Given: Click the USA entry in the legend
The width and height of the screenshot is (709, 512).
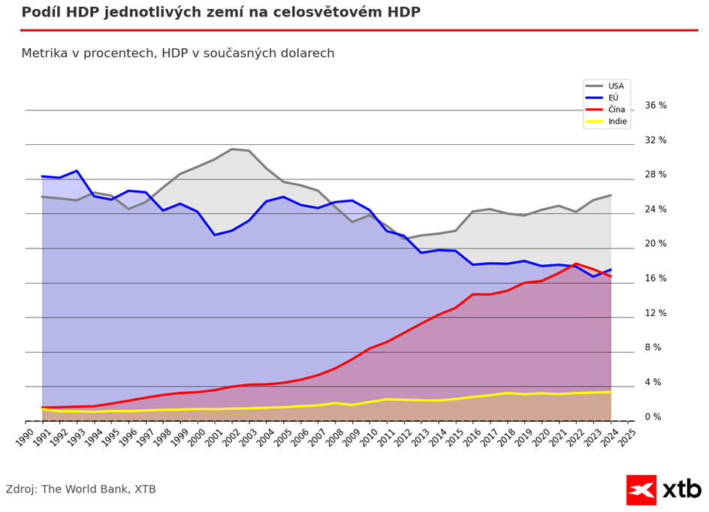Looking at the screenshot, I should (615, 86).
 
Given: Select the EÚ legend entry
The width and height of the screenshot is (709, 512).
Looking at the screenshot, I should (613, 98).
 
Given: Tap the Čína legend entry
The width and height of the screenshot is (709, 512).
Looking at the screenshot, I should (616, 110).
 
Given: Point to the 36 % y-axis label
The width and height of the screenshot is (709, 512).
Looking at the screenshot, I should (655, 106).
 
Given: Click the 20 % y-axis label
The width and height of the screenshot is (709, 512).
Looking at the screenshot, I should (655, 244).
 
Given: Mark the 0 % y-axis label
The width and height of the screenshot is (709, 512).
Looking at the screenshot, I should (653, 417).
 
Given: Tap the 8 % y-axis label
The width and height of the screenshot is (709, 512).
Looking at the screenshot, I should (653, 348).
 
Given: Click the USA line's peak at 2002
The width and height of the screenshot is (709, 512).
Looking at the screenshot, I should (232, 149).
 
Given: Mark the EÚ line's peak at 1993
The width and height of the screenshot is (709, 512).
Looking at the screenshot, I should (77, 171).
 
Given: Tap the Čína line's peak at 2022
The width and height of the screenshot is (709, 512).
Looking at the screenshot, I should (576, 264).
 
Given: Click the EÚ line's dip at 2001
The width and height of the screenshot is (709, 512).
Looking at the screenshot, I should (215, 235).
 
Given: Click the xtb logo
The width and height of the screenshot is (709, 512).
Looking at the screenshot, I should (663, 489).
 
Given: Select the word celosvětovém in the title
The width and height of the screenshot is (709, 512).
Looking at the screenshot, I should (353, 13).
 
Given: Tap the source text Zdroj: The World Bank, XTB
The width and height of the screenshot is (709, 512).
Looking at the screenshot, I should (81, 489).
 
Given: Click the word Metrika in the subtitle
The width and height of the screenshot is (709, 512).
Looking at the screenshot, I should (47, 54).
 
